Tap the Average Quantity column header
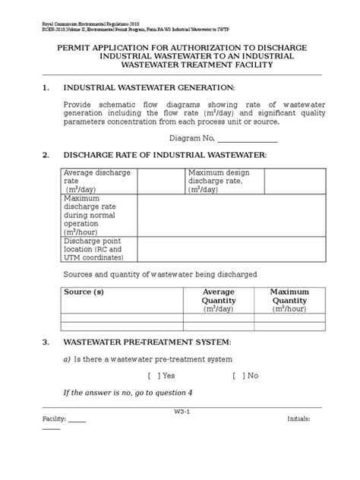219,300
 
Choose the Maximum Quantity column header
289,300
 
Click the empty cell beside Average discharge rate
160,181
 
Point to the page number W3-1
181,412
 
